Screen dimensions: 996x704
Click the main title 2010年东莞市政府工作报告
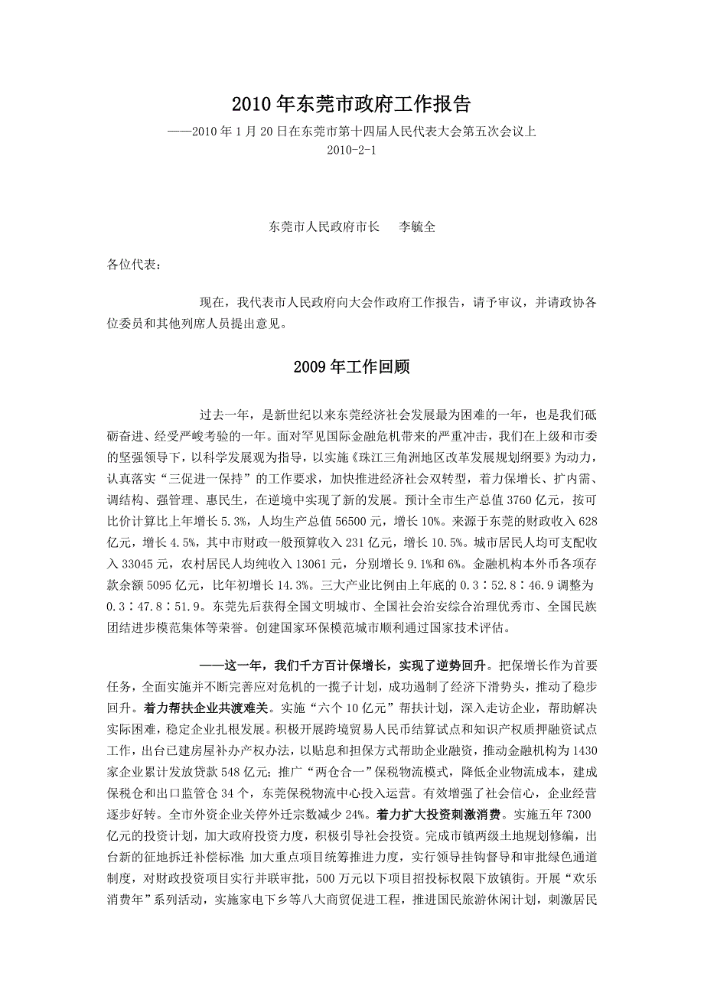coord(351,103)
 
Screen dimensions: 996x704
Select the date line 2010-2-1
coord(351,150)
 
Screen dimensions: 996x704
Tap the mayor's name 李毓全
coord(418,227)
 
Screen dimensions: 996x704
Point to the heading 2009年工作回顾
coord(351,367)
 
